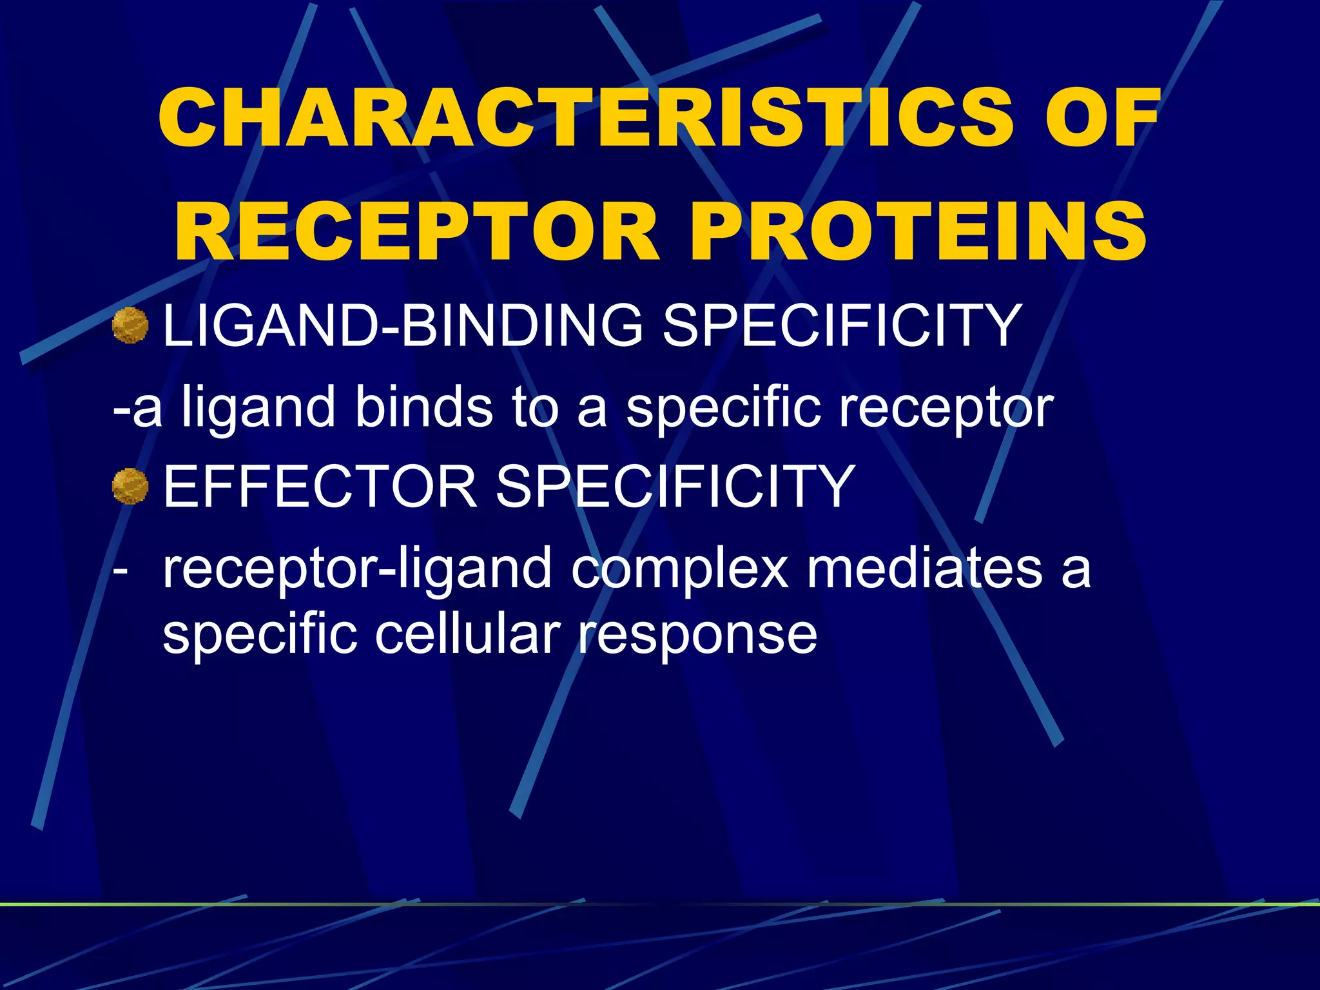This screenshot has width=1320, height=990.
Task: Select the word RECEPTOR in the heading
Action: pyautogui.click(x=416, y=232)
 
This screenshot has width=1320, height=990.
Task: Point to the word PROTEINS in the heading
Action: pyautogui.click(x=918, y=232)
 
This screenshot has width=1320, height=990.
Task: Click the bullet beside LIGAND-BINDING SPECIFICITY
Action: pyautogui.click(x=130, y=325)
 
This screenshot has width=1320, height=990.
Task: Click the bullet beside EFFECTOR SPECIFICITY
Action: pyautogui.click(x=130, y=487)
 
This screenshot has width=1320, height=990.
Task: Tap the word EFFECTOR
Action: pyautogui.click(x=320, y=487)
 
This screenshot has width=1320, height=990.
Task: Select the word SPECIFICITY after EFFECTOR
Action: pyautogui.click(x=675, y=487)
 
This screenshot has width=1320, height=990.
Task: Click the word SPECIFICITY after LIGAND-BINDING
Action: pyautogui.click(x=841, y=325)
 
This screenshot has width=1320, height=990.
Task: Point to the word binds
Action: pyautogui.click(x=423, y=407)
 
